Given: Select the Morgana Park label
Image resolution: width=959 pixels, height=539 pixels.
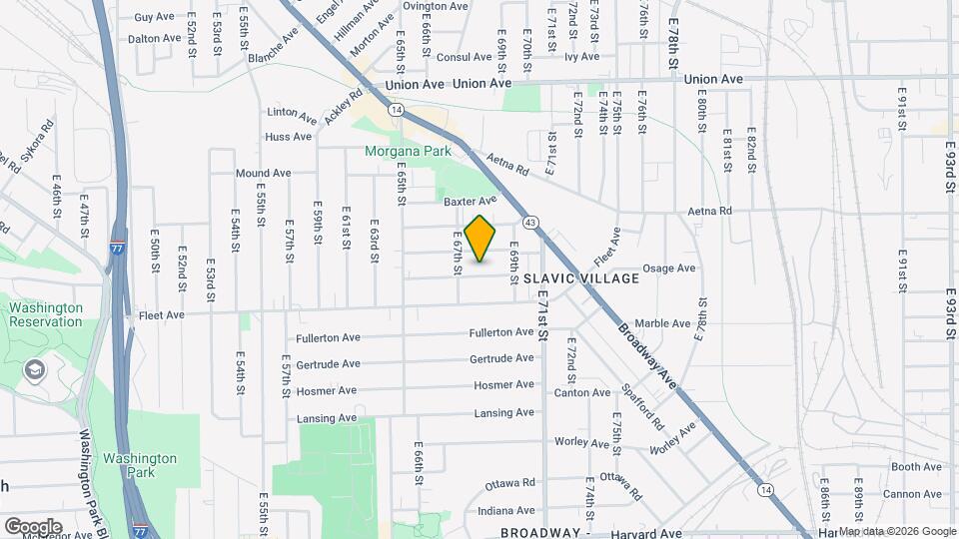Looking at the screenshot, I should pos(407,152).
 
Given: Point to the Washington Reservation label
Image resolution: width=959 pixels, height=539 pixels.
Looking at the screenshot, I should pos(46,315).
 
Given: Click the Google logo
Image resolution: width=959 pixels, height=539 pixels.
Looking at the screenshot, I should pos(33,527).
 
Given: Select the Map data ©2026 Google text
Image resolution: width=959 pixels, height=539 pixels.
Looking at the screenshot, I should pos(896,531).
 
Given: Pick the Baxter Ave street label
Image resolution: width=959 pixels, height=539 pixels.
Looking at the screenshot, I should pos(470,201).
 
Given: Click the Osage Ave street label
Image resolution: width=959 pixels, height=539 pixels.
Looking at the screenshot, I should pos(668,269).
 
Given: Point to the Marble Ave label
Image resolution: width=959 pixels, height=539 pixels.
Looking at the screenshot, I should pos(662,323).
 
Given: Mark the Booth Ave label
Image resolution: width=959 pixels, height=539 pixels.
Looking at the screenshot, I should pos(917,466).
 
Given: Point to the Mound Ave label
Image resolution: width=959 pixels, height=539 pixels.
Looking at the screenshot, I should pos(263,173).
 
